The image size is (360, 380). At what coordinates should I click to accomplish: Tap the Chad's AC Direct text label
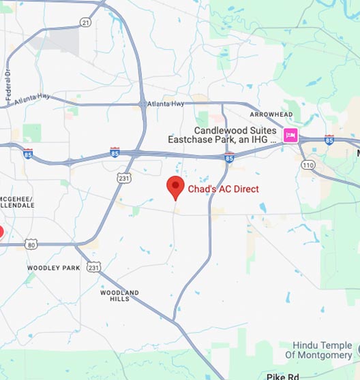pos(223,189)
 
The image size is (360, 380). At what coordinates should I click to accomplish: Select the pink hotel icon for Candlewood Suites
pos(291,135)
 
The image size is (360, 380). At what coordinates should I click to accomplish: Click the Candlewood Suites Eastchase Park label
pos(225,135)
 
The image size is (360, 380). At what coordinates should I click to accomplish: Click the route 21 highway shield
pos(85,22)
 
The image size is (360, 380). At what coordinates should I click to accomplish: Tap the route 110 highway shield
pos(310,165)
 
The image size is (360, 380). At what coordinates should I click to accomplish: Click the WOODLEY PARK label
pos(53,268)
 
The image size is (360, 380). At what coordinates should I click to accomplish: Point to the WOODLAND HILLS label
pos(119,296)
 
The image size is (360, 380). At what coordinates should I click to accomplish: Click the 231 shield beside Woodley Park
pos(93,268)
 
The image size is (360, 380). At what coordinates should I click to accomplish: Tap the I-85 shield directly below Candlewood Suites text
pos(229,158)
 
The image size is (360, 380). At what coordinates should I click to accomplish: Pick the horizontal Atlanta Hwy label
pos(166,104)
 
